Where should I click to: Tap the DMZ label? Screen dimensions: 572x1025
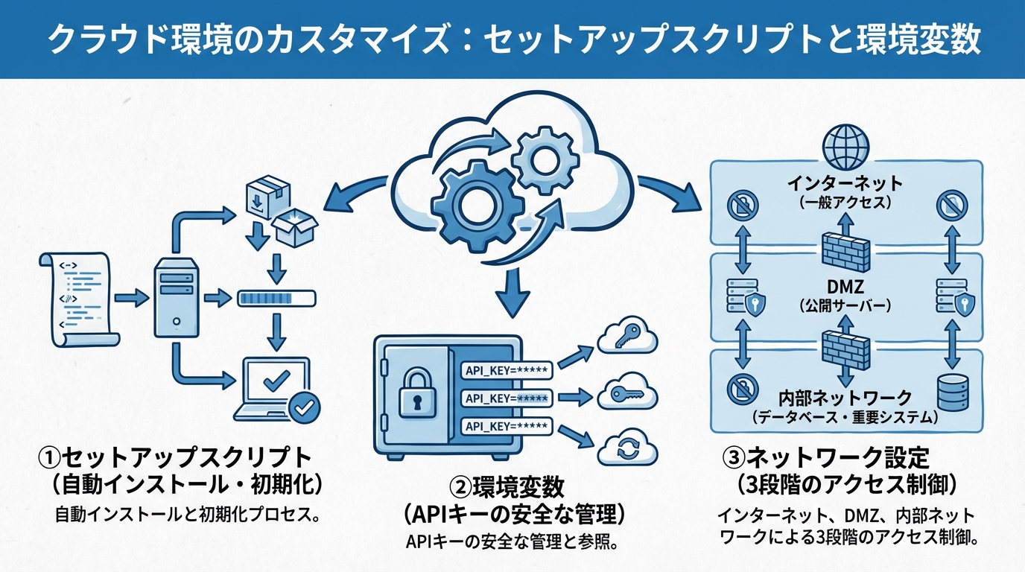pyautogui.click(x=845, y=286)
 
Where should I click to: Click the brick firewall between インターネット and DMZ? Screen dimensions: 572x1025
pyautogui.click(x=845, y=250)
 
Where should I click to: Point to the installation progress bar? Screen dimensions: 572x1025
pyautogui.click(x=276, y=299)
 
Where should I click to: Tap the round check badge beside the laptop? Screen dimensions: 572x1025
pyautogui.click(x=305, y=406)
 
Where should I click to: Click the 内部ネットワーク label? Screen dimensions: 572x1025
pyautogui.click(x=845, y=397)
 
